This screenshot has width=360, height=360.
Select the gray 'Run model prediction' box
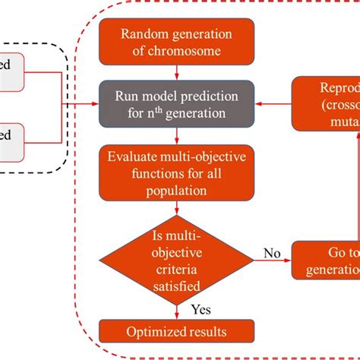176,104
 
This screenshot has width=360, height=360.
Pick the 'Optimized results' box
176,331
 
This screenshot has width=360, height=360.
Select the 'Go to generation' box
326,261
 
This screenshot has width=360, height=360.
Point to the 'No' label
271,251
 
